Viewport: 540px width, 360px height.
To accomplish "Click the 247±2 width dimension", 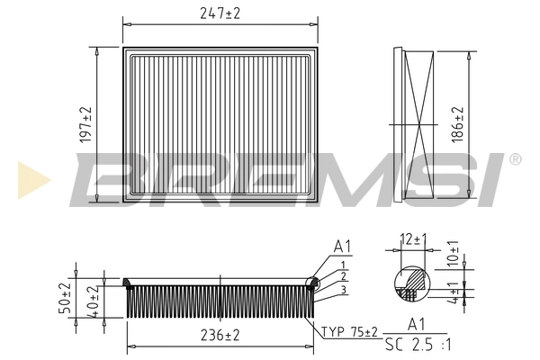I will [x=221, y=13].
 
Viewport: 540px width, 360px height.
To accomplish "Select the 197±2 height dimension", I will [x=86, y=124].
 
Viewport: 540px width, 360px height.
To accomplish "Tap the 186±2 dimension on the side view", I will [x=458, y=123].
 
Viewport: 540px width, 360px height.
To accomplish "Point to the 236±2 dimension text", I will [x=220, y=335].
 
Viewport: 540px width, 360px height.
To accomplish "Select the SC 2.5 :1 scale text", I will [x=417, y=345].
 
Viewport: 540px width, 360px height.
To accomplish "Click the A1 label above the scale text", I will [x=417, y=324].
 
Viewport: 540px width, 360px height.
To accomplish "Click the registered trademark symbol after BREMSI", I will [x=515, y=159].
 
